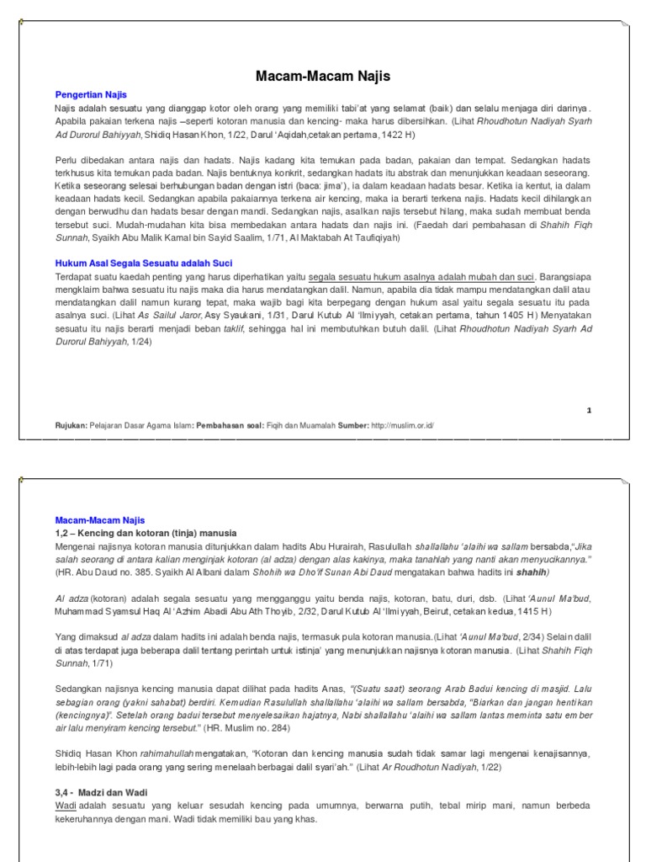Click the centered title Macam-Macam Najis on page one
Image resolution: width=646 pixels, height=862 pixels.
click(323, 77)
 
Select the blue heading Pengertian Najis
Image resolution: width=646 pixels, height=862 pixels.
click(91, 95)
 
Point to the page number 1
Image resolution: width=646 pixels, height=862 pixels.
click(589, 410)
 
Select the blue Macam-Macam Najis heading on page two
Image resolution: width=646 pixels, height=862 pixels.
click(100, 521)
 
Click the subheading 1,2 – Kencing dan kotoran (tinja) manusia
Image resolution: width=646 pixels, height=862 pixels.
click(146, 534)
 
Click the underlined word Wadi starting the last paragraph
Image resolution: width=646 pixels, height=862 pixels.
click(66, 806)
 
